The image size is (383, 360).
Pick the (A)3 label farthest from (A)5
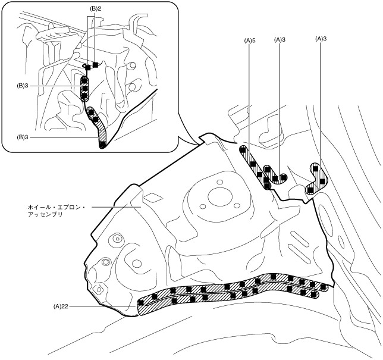[320, 39]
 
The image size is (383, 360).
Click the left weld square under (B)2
[87, 67]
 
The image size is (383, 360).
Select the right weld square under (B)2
[95, 64]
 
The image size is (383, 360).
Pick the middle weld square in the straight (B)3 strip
[84, 89]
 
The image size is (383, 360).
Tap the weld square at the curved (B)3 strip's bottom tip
[103, 144]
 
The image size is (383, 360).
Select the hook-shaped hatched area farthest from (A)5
[317, 177]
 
